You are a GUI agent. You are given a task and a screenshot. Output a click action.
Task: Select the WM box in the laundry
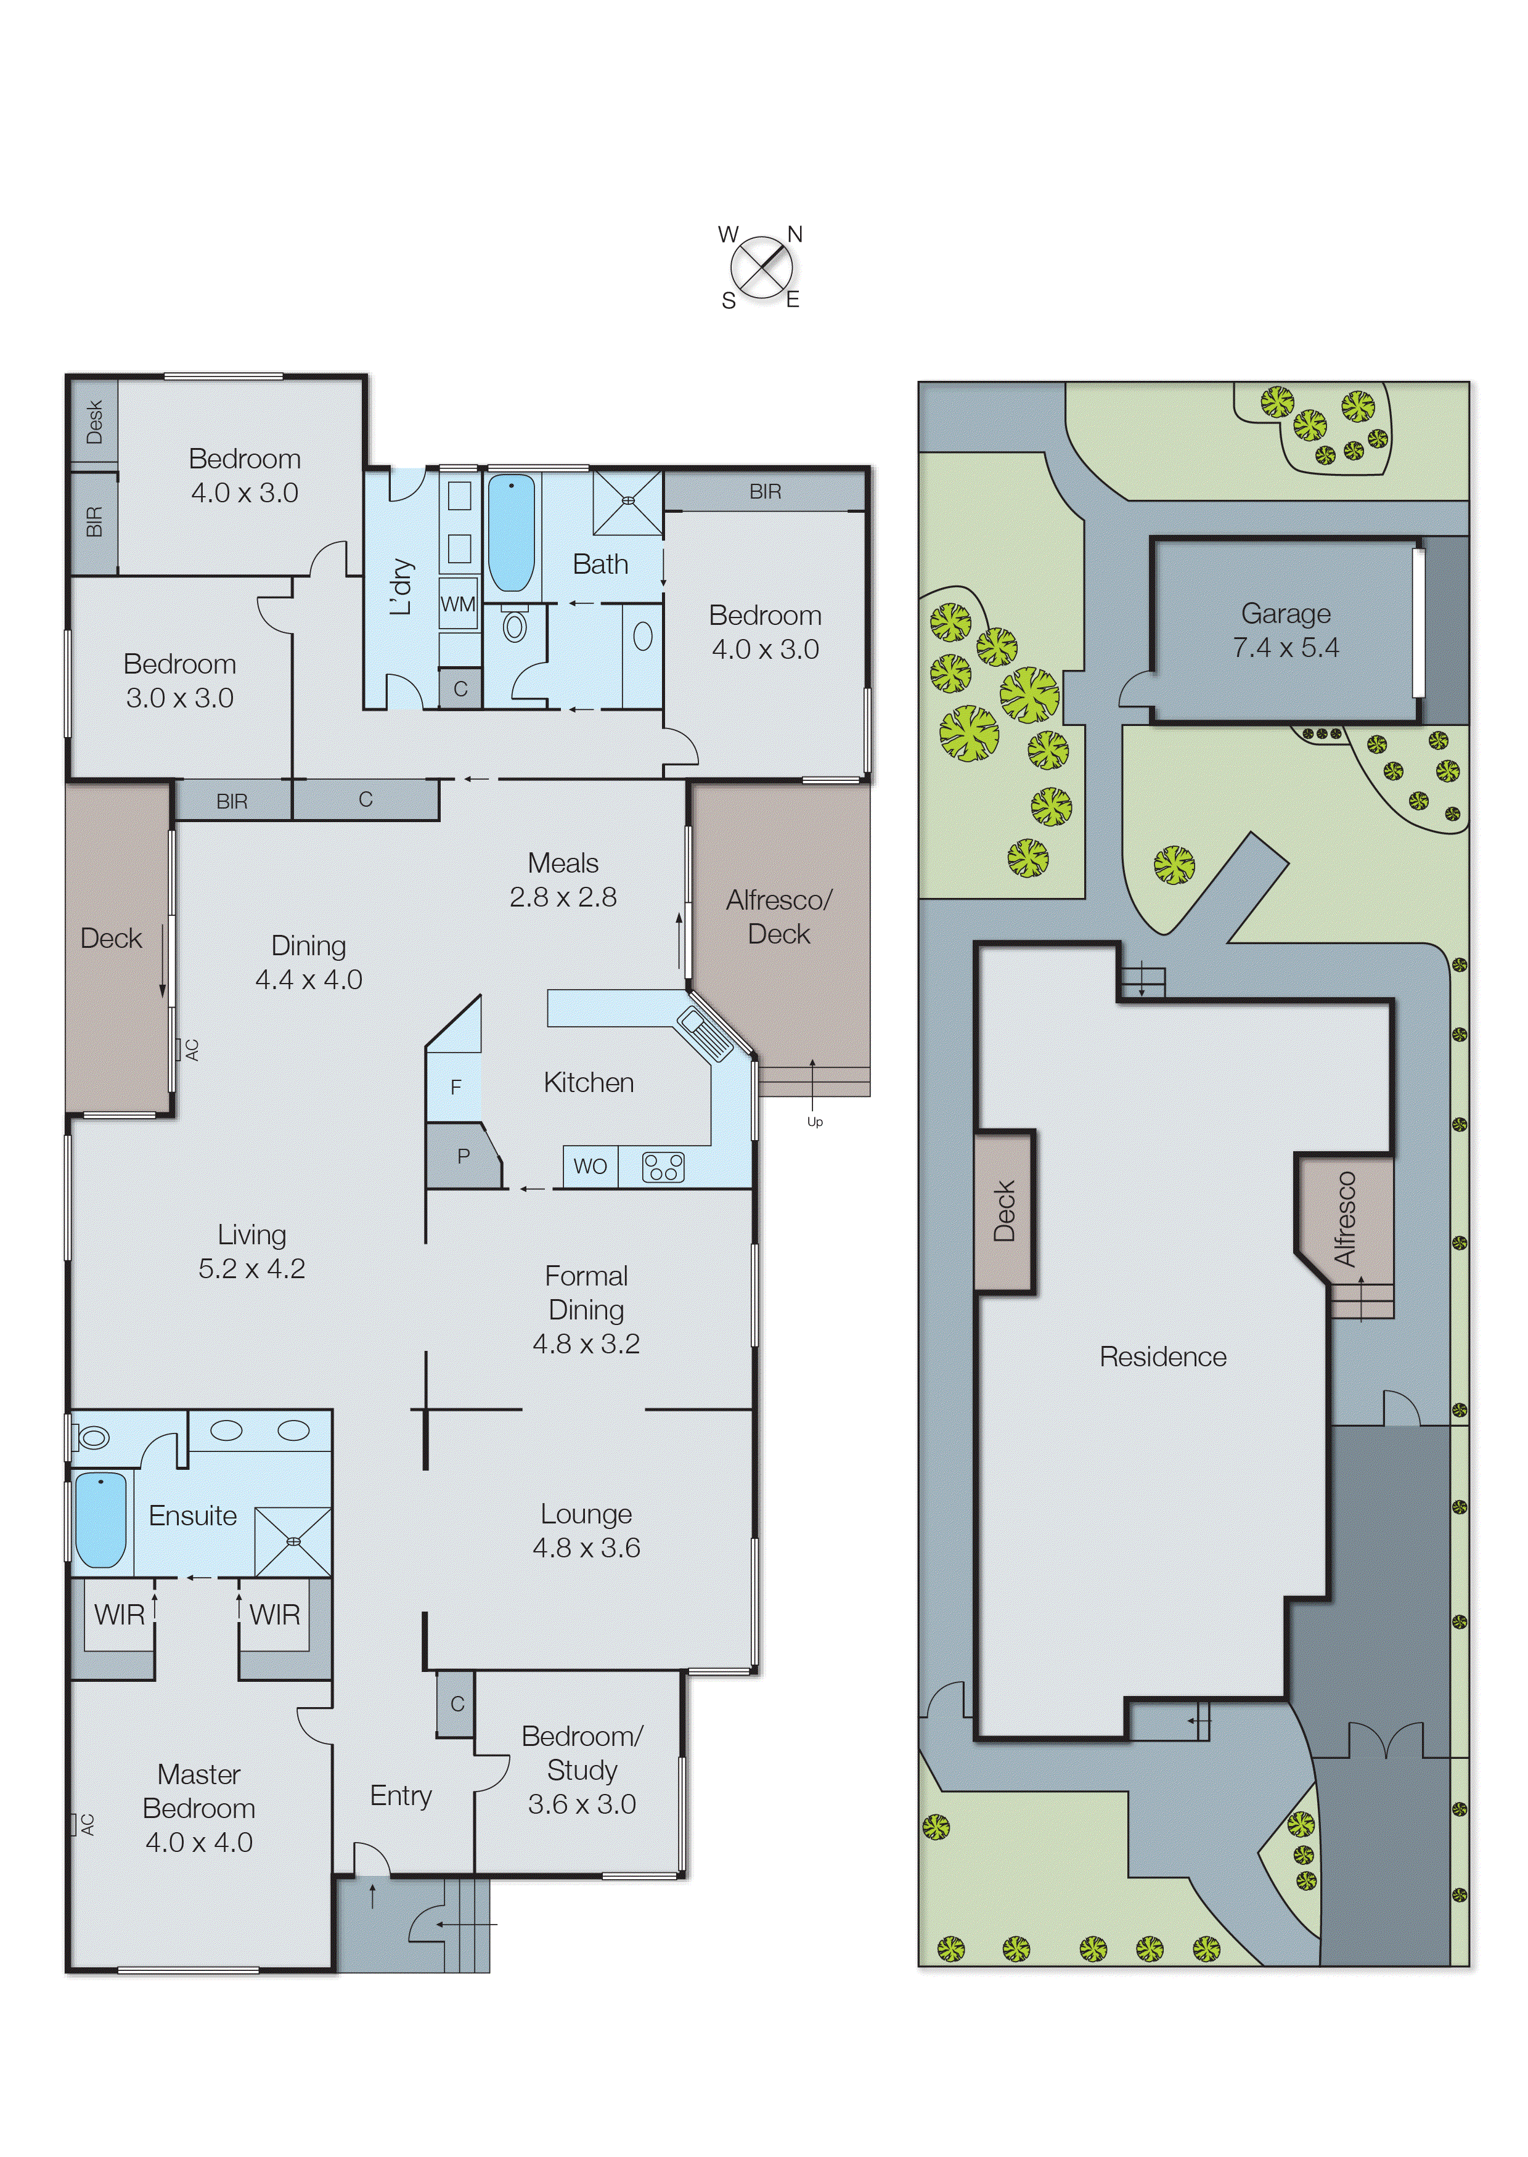458,604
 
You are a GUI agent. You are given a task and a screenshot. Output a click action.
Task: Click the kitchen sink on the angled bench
704,1033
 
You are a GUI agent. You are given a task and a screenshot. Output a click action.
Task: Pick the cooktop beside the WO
663,1167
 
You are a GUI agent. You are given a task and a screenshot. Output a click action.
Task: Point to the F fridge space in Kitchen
456,1088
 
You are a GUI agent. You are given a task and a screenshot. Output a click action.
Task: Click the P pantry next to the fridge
463,1156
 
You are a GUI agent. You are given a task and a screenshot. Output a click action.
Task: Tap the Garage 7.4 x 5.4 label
1285,630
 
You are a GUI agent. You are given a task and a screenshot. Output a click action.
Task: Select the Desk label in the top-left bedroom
94,422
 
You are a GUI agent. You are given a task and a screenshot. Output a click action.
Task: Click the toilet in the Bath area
515,625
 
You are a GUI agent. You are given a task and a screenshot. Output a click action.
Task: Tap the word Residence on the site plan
1163,1356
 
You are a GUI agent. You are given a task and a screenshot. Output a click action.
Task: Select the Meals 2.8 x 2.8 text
563,879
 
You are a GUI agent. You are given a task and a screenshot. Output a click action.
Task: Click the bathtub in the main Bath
512,532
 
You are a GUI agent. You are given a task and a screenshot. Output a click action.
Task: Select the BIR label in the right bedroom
765,491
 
